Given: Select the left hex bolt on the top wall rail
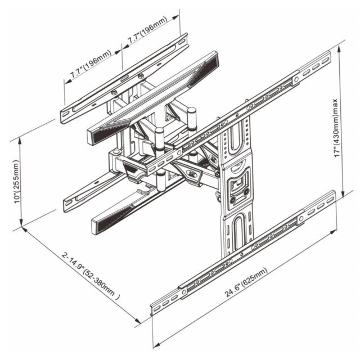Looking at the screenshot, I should (114, 93).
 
